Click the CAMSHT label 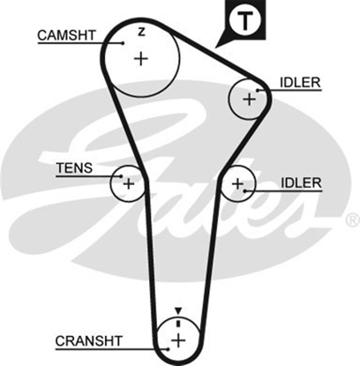tap(66, 35)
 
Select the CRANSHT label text tap(89, 341)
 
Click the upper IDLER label tap(300, 82)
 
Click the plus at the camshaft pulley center tap(141, 58)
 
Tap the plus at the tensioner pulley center tap(128, 184)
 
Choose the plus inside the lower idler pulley tap(238, 184)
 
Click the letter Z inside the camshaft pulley tap(141, 33)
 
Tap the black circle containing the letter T tap(244, 21)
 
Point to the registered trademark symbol tap(353, 219)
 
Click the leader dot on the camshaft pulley tap(124, 42)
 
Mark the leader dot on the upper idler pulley tap(258, 90)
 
